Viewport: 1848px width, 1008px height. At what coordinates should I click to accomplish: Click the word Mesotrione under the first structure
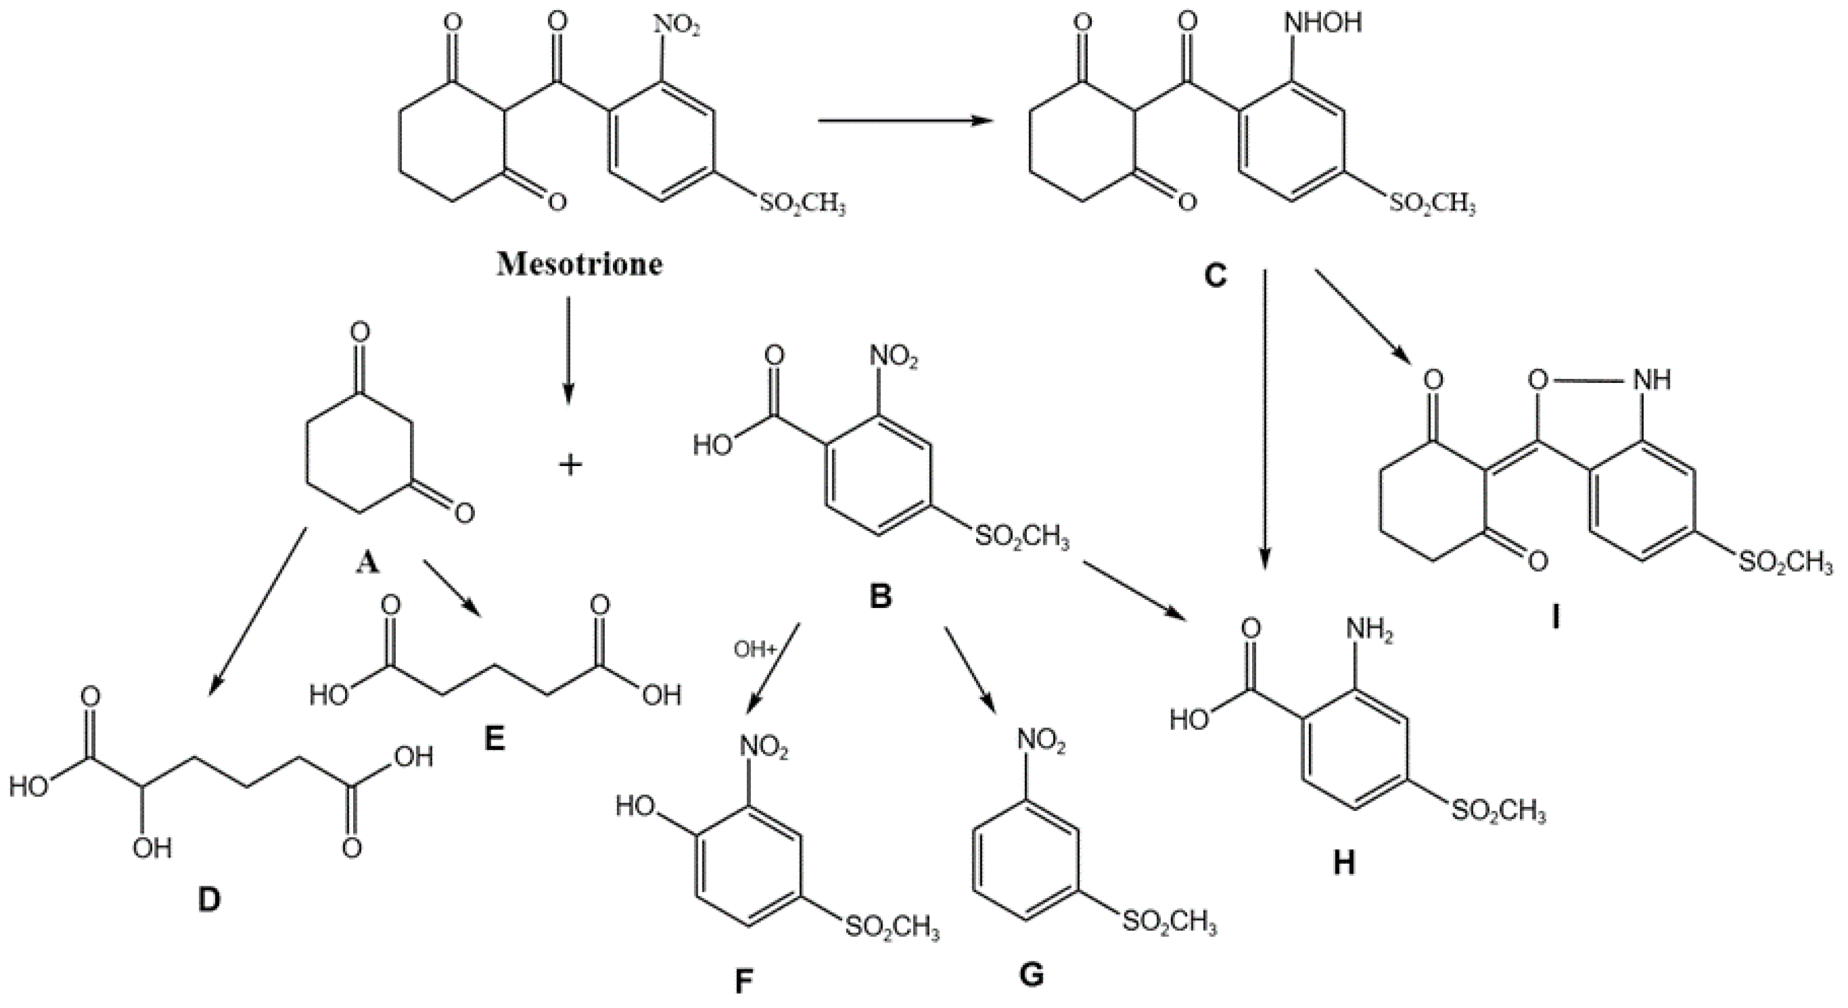pos(580,264)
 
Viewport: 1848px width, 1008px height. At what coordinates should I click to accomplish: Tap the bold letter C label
pos(1215,275)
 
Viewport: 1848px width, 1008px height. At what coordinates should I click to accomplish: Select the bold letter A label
pos(367,564)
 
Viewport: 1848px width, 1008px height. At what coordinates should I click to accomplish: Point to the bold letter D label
pos(209,900)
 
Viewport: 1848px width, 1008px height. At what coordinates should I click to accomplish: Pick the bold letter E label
pos(494,737)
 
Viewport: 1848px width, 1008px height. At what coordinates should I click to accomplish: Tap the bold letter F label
pos(744,982)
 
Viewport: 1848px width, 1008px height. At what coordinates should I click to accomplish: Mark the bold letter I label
pos(1554,616)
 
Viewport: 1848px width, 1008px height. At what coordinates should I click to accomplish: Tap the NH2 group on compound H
pos(1369,631)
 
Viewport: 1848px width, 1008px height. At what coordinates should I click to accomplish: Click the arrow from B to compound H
pos(1133,590)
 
